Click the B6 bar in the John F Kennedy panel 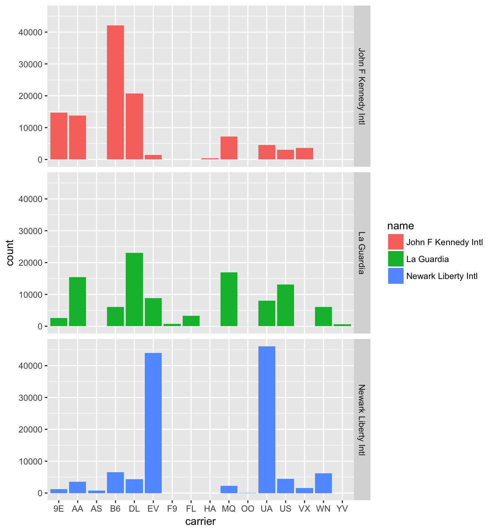click(x=115, y=92)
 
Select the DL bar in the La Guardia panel click(x=134, y=290)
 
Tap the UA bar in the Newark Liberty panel click(x=267, y=420)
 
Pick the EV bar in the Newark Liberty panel click(x=153, y=423)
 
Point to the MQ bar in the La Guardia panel click(x=229, y=299)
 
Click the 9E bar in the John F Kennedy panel click(x=59, y=136)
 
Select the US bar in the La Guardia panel click(x=286, y=305)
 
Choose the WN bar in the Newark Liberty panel click(x=323, y=483)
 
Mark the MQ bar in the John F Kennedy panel click(x=229, y=148)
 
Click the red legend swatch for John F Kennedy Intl click(x=396, y=242)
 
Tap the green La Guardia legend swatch click(x=396, y=259)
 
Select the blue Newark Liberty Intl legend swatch click(x=396, y=276)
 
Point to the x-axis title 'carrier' click(x=200, y=521)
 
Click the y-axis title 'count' click(x=10, y=252)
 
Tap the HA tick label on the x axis click(x=210, y=509)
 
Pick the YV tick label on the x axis click(x=342, y=509)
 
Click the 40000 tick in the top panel click(x=27, y=32)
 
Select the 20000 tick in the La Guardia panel click(x=27, y=263)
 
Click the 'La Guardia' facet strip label click(x=362, y=252)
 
